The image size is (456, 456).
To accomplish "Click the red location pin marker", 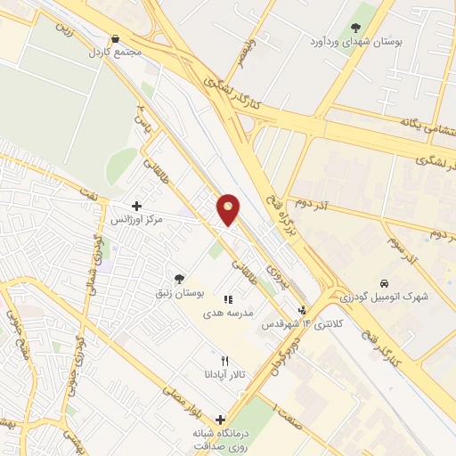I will point(229,208).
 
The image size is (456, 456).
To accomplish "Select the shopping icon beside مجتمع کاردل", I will point(115,38).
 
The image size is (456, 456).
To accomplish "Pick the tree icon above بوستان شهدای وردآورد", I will point(356,28).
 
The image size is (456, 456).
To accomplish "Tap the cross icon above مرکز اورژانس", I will point(135,206).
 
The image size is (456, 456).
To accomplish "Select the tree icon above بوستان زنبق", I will point(181,279).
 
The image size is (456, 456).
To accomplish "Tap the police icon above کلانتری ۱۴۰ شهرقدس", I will point(304,311).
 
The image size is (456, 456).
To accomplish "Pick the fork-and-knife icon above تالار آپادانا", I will point(224,362).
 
